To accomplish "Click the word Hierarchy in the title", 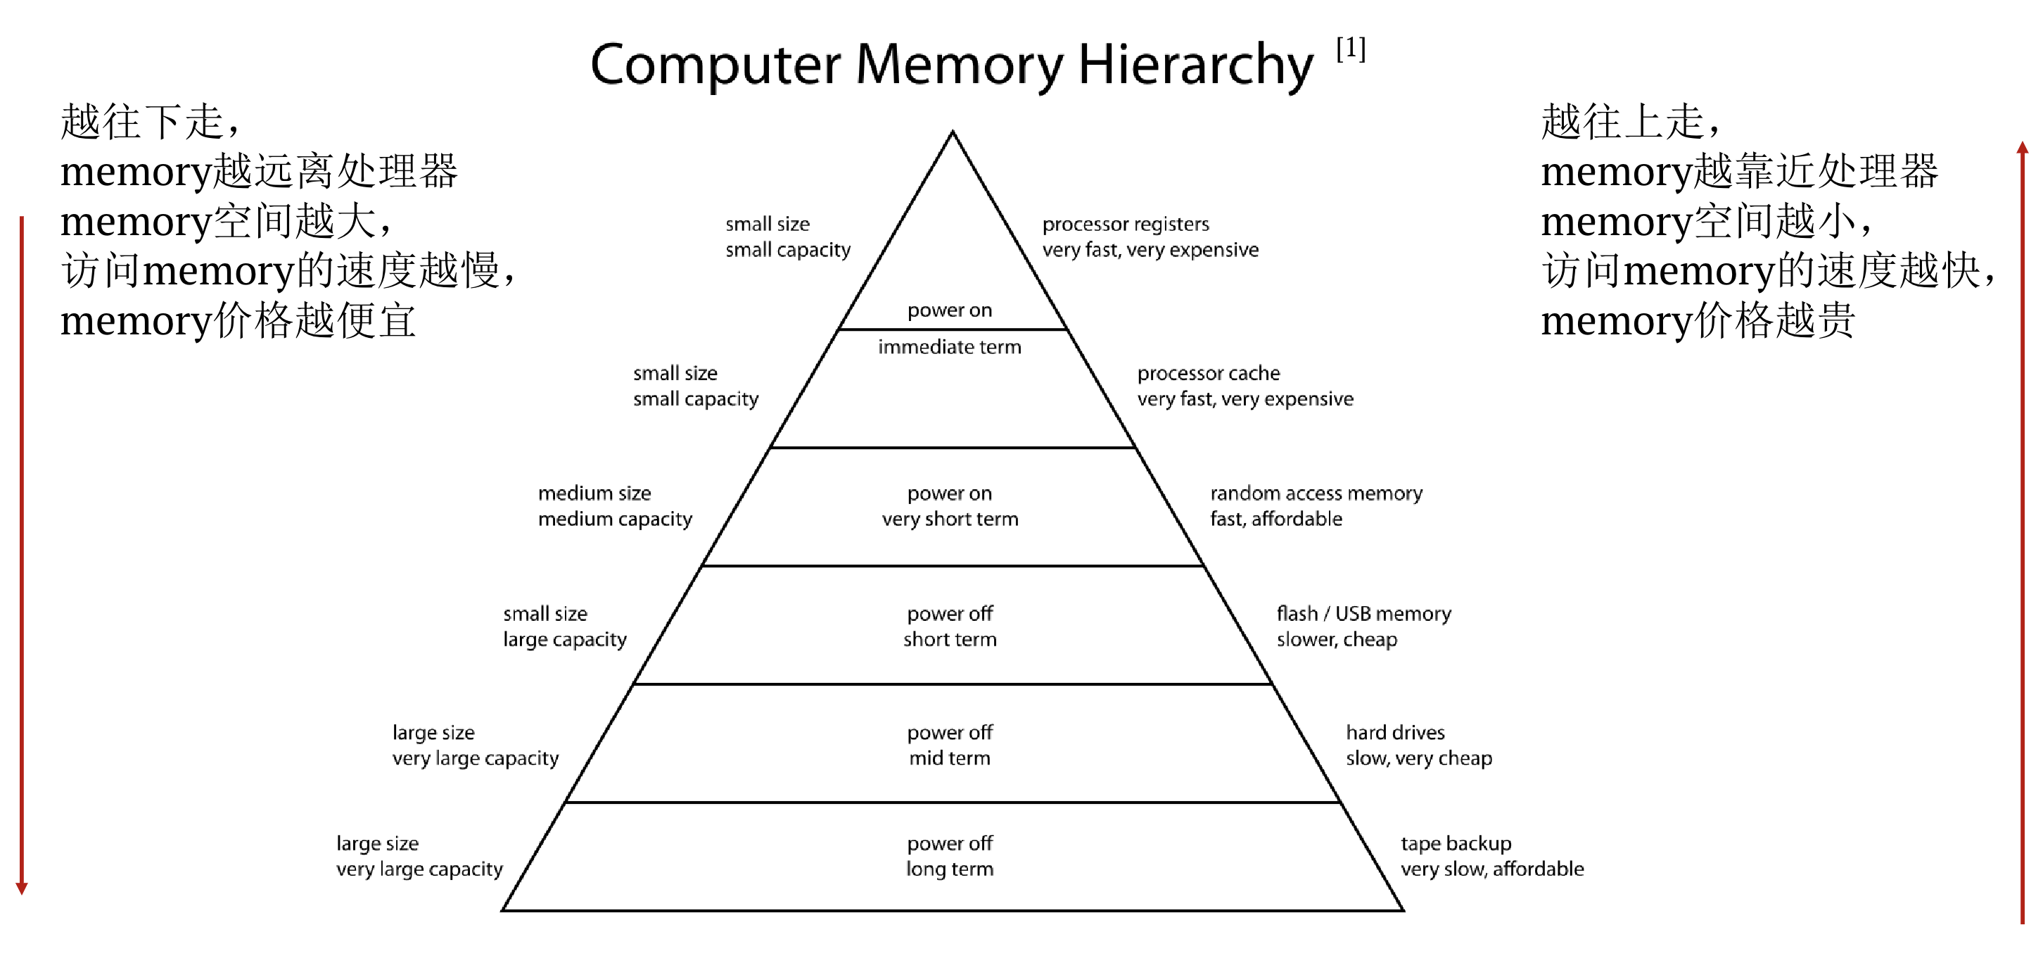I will pyautogui.click(x=1195, y=65).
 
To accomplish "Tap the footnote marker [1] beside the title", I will pyautogui.click(x=1351, y=49).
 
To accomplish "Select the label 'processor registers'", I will pyautogui.click(x=1126, y=225).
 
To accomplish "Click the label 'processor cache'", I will pyautogui.click(x=1208, y=373).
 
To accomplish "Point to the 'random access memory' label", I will pyautogui.click(x=1316, y=493).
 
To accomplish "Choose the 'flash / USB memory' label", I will pyautogui.click(x=1363, y=613).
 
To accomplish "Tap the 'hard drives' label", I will pyautogui.click(x=1395, y=732).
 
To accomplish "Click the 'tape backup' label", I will pyautogui.click(x=1456, y=843).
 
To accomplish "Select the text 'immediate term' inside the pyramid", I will pyautogui.click(x=949, y=346).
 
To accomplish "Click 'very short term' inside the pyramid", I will pyautogui.click(x=949, y=520).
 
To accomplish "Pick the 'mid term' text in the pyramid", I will pyautogui.click(x=949, y=758).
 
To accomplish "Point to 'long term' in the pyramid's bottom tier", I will pyautogui.click(x=949, y=869).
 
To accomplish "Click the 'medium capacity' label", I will pyautogui.click(x=615, y=520).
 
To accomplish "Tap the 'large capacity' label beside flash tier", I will pyautogui.click(x=564, y=639).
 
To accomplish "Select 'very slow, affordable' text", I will pyautogui.click(x=1492, y=869).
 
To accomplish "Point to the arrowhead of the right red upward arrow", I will pyautogui.click(x=2023, y=148).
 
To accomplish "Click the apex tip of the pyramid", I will pyautogui.click(x=953, y=132).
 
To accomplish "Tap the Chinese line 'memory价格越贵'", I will pyautogui.click(x=1697, y=320).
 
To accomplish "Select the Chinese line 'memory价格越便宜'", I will pyautogui.click(x=238, y=320).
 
